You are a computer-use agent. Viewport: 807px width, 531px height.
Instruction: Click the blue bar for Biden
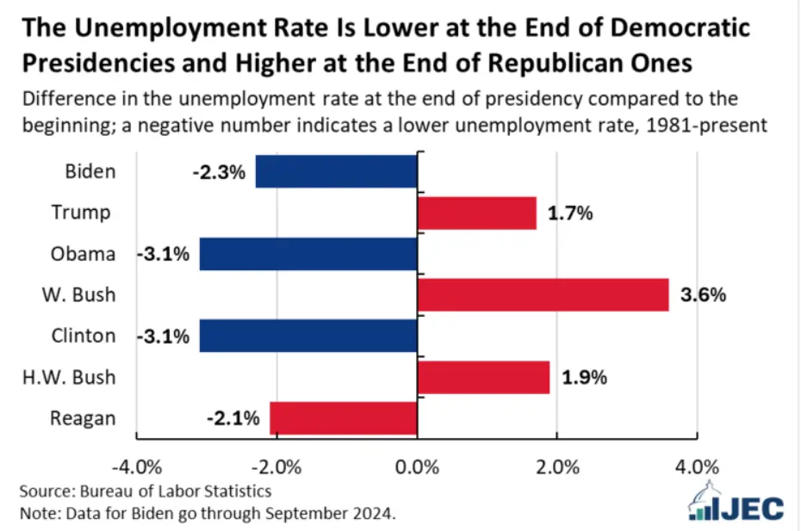[x=336, y=171]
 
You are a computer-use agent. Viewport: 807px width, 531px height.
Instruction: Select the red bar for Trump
[x=476, y=213]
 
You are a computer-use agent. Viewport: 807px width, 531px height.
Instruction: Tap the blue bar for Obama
[x=308, y=254]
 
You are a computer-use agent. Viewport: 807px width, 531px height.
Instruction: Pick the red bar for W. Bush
[x=543, y=294]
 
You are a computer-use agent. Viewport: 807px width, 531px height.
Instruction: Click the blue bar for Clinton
[x=308, y=336]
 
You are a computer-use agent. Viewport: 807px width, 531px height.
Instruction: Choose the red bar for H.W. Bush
[x=483, y=377]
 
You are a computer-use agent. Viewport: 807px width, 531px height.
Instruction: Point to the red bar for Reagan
[x=343, y=418]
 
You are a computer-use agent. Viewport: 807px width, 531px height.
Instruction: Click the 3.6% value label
[x=703, y=295]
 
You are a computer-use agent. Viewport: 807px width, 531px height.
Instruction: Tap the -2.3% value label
[x=219, y=172]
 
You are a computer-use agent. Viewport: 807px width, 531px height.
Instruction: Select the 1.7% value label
[x=569, y=213]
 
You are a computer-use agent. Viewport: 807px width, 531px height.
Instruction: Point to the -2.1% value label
[x=233, y=419]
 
